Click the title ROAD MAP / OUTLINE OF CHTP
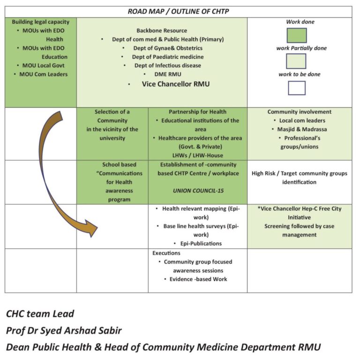point(178,11)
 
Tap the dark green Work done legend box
point(297,35)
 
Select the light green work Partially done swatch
point(296,61)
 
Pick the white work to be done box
point(297,88)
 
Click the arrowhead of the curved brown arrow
point(92,228)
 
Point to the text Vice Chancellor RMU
point(176,84)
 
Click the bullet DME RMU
point(168,74)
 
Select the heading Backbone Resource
point(162,30)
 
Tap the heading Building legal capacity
point(41,22)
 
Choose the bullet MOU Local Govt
point(44,66)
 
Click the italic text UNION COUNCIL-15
point(198,191)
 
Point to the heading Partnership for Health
point(197,112)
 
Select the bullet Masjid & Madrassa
point(302,129)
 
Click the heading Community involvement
point(300,112)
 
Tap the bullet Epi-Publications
point(201,243)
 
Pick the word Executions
point(166,253)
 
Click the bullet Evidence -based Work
point(198,279)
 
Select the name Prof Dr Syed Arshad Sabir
point(64,330)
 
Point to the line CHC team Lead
point(40,314)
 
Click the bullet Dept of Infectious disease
point(168,66)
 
